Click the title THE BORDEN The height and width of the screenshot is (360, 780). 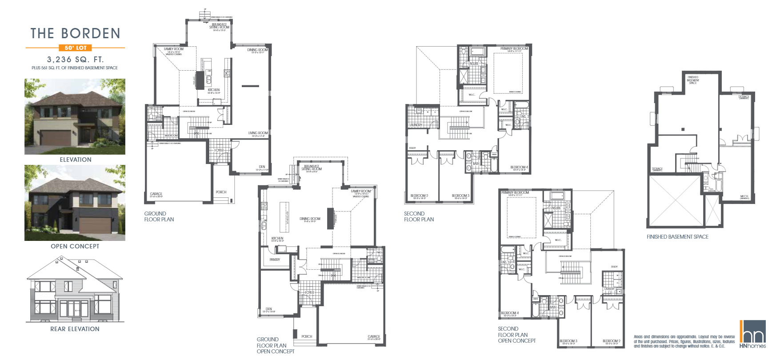point(75,34)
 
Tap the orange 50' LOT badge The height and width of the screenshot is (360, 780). point(75,48)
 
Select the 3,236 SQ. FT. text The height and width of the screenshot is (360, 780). point(75,59)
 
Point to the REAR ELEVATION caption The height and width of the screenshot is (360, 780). point(75,329)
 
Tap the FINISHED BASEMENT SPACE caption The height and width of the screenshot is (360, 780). point(677,237)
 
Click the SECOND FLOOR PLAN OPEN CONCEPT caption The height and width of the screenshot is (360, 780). point(516,335)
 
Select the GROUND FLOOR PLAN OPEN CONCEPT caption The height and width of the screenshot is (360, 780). point(275,345)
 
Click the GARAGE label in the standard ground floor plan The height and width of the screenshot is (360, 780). point(156,194)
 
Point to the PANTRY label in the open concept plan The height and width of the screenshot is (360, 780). point(275,260)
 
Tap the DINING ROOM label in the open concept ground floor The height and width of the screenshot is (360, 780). point(310,219)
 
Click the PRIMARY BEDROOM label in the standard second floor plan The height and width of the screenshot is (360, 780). point(514,48)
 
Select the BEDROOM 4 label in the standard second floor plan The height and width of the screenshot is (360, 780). point(519,167)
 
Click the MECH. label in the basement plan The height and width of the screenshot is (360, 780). point(744,196)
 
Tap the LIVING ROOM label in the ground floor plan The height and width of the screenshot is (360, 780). point(258,133)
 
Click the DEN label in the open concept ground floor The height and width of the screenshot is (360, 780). point(268,309)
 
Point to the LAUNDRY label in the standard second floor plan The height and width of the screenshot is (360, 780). point(416,125)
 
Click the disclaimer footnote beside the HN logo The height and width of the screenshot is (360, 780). point(684,341)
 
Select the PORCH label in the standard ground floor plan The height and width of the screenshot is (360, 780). point(221,192)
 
